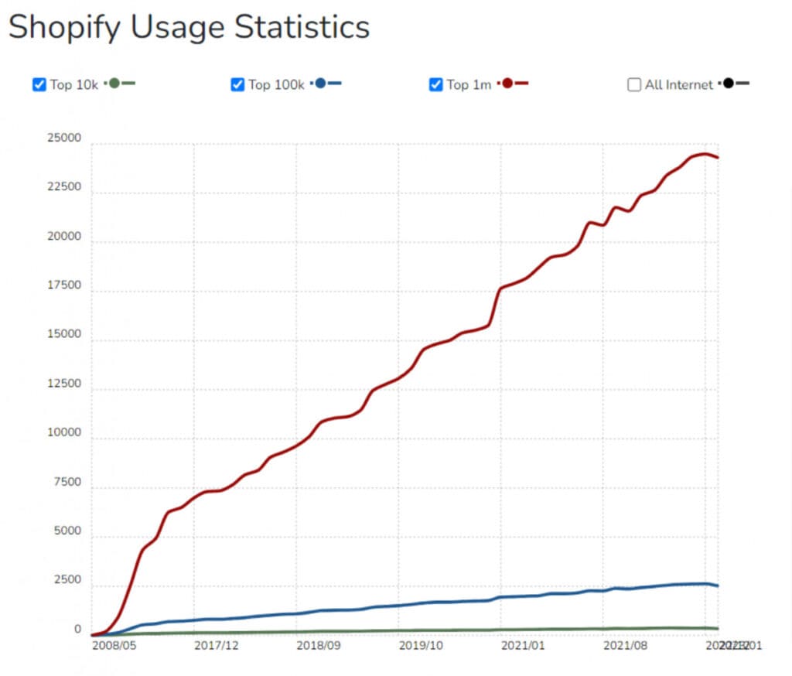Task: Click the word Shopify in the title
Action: pyautogui.click(x=63, y=28)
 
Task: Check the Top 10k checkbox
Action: pyautogui.click(x=39, y=84)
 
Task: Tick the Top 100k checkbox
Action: pyautogui.click(x=237, y=84)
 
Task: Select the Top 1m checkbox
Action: pyautogui.click(x=436, y=84)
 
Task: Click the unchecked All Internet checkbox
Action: pyautogui.click(x=634, y=84)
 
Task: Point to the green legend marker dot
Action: pyautogui.click(x=114, y=84)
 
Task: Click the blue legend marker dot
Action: pyautogui.click(x=320, y=84)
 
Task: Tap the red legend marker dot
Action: pyautogui.click(x=507, y=84)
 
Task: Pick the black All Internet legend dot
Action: pyautogui.click(x=729, y=84)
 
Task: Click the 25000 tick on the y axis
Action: pyautogui.click(x=63, y=138)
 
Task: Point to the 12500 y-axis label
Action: pyautogui.click(x=63, y=384)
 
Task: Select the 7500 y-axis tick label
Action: pyautogui.click(x=67, y=482)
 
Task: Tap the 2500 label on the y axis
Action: pyautogui.click(x=67, y=580)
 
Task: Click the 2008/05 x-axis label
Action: pyautogui.click(x=114, y=644)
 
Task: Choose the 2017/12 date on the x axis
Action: pyautogui.click(x=216, y=644)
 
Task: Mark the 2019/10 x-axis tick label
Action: pyautogui.click(x=421, y=644)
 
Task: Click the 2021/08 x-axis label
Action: pyautogui.click(x=625, y=644)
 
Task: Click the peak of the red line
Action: pyautogui.click(x=702, y=154)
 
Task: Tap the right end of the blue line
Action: pyautogui.click(x=718, y=586)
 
